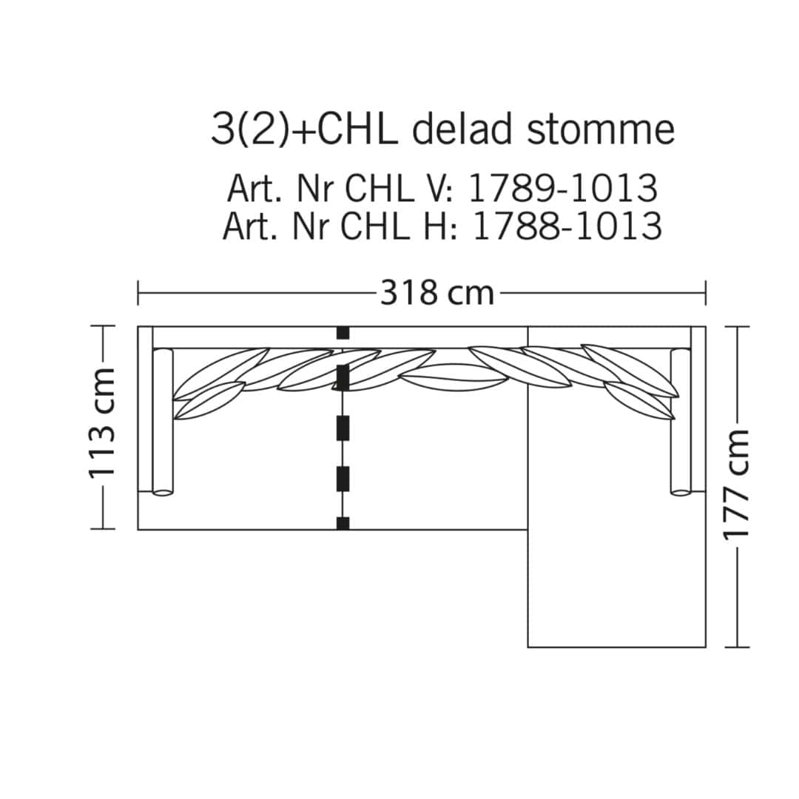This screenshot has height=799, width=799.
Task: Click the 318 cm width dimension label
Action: (437, 294)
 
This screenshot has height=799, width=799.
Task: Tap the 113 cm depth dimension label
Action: (102, 423)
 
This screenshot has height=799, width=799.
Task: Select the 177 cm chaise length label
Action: (736, 484)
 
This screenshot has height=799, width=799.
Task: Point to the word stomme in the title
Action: (601, 130)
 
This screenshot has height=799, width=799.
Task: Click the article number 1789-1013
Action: (562, 188)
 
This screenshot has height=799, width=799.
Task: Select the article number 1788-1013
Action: (567, 226)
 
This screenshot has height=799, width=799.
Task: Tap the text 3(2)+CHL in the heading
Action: (304, 129)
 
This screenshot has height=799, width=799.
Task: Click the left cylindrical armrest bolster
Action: (163, 422)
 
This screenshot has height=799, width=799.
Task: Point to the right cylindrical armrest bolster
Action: (681, 422)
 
